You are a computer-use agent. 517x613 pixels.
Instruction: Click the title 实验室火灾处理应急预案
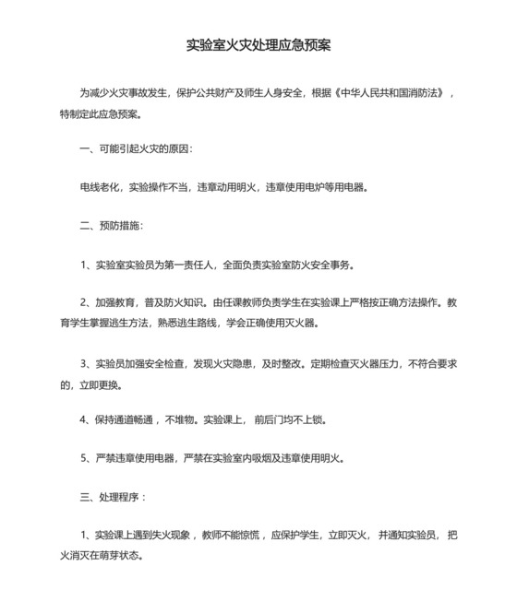pos(258,44)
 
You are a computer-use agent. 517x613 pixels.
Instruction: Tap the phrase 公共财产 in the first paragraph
pos(237,94)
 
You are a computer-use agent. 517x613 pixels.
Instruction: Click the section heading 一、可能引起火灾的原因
pos(137,148)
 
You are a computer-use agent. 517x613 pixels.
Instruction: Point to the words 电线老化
pos(101,187)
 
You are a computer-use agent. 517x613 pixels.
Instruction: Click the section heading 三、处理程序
pos(113,497)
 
